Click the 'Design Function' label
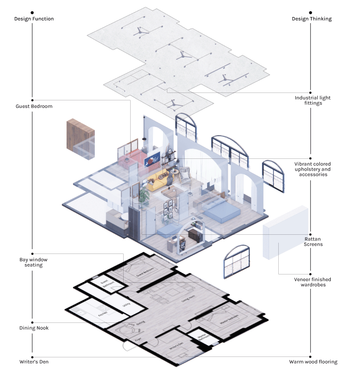pyautogui.click(x=34, y=19)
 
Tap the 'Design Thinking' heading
pyautogui.click(x=312, y=19)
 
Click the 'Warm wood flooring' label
pyautogui.click(x=313, y=362)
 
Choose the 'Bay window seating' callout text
pyautogui.click(x=33, y=262)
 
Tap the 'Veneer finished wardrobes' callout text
pyautogui.click(x=312, y=282)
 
